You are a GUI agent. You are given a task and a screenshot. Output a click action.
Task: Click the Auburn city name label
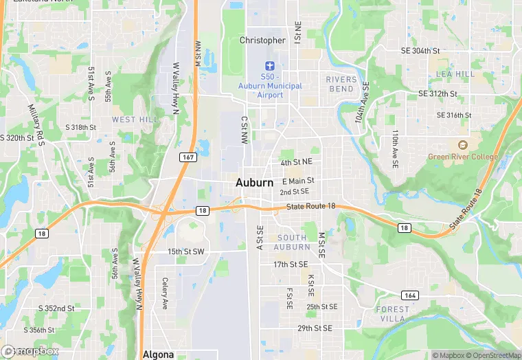tap(254, 183)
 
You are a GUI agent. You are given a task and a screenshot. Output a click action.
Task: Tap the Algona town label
tap(159, 355)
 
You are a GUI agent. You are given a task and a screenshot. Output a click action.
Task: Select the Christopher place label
tap(262, 41)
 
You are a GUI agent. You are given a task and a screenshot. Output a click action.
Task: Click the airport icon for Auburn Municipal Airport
tap(269, 65)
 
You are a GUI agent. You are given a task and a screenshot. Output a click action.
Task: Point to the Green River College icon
tap(462, 145)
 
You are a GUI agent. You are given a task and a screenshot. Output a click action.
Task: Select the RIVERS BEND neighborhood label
tap(341, 85)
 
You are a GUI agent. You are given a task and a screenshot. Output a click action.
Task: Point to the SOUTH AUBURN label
tap(292, 242)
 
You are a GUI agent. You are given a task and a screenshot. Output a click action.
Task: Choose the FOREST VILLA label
tap(393, 314)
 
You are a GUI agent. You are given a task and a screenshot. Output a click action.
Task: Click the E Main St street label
tap(298, 181)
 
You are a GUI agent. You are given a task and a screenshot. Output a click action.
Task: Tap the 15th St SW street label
tap(186, 252)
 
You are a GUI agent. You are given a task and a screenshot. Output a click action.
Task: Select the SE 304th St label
tap(429, 51)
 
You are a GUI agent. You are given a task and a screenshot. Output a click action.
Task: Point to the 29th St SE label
tap(315, 328)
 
